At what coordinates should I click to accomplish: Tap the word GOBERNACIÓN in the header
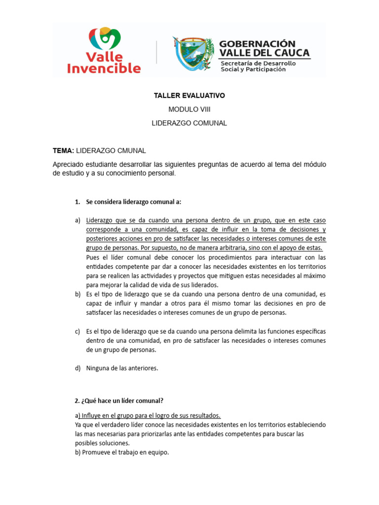click(x=257, y=44)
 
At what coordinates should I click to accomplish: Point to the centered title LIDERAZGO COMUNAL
click(x=189, y=123)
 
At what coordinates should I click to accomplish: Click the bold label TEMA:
click(x=63, y=150)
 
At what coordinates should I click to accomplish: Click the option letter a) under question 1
click(x=77, y=220)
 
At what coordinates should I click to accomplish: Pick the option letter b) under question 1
click(x=77, y=294)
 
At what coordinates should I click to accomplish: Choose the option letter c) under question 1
click(x=77, y=331)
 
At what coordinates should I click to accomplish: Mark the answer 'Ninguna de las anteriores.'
click(x=122, y=368)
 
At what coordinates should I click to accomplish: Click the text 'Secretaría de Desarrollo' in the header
click(x=258, y=63)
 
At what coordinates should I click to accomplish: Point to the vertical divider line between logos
click(x=157, y=52)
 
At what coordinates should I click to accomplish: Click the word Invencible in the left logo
click(x=104, y=68)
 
